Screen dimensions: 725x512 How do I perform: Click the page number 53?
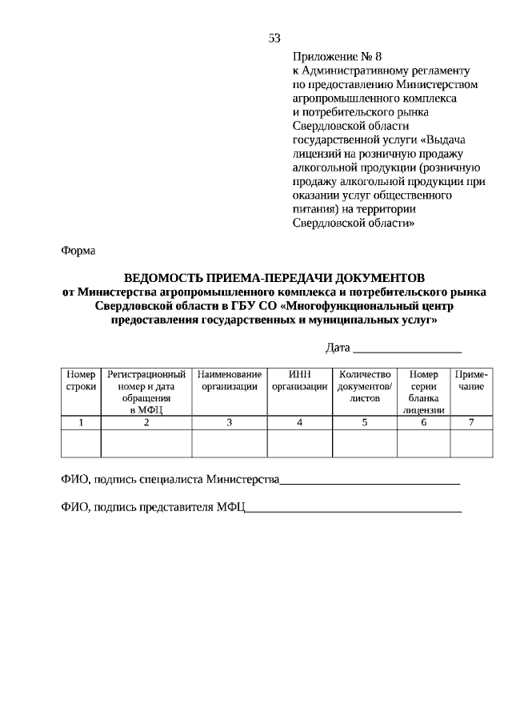[x=274, y=38]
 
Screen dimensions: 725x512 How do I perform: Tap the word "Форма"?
[x=78, y=251]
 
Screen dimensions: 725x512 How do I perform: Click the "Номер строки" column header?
[x=81, y=381]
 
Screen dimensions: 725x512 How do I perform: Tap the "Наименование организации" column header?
[x=229, y=381]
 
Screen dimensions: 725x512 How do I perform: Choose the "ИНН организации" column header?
[x=299, y=381]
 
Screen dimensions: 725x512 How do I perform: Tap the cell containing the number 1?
[x=81, y=422]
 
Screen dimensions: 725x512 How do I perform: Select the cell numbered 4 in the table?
[x=299, y=422]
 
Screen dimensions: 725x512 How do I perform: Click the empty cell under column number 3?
[x=229, y=443]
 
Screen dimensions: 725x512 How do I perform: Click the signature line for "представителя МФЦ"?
[x=354, y=509]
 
